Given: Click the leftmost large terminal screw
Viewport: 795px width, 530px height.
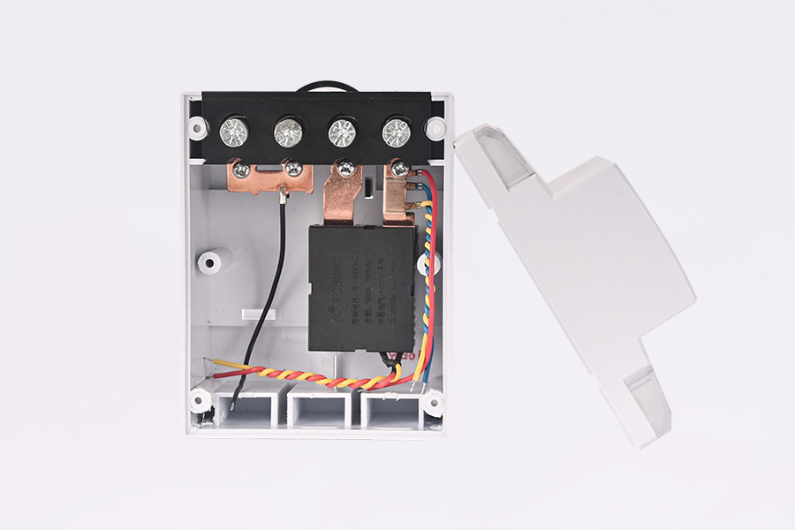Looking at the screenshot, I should (x=233, y=132).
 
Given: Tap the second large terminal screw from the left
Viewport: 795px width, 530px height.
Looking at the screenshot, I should (x=287, y=132).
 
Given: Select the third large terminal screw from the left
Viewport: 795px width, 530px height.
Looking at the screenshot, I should (x=342, y=132).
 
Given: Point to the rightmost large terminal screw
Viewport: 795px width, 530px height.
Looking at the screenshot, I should (x=397, y=132).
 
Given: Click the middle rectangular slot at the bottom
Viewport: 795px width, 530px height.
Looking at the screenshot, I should (x=317, y=407).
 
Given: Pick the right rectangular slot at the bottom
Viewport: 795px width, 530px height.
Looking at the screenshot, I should (x=388, y=407).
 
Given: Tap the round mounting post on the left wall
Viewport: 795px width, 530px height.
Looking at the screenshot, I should (x=211, y=261).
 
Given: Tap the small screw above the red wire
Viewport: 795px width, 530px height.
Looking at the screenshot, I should (x=400, y=166).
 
